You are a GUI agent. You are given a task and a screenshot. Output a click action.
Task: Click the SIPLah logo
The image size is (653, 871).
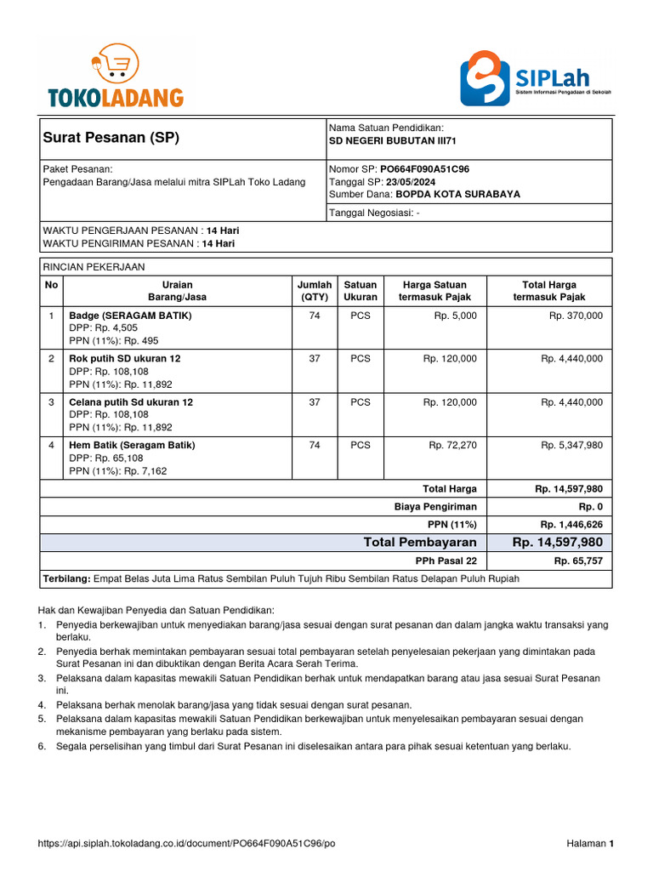tap(536, 77)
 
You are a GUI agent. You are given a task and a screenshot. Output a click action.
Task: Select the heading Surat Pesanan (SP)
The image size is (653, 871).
tap(111, 138)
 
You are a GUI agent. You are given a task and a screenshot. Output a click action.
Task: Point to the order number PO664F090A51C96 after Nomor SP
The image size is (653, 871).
tap(424, 169)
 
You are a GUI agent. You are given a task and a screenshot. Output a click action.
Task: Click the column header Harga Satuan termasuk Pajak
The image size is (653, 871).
tap(434, 291)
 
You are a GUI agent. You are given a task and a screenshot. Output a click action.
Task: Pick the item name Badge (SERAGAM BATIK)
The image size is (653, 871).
tap(130, 315)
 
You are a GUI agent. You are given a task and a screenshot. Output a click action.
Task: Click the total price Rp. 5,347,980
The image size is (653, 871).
tap(571, 445)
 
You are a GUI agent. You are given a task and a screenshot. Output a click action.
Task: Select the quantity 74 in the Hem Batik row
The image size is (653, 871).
tap(315, 445)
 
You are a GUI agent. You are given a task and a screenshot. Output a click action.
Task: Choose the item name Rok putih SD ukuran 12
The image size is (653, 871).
tap(124, 358)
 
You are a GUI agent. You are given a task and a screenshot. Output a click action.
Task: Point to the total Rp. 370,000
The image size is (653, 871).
tap(575, 315)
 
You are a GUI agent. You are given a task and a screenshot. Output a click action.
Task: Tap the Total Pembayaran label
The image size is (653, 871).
tap(420, 543)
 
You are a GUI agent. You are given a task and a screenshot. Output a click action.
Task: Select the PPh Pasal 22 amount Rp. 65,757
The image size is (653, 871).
tap(578, 561)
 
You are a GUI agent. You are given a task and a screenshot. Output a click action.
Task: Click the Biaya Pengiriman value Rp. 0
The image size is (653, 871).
tap(590, 506)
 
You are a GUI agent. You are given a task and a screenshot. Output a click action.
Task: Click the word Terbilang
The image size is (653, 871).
tap(66, 579)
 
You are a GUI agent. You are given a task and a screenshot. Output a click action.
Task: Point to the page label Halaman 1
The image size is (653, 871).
tap(589, 844)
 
